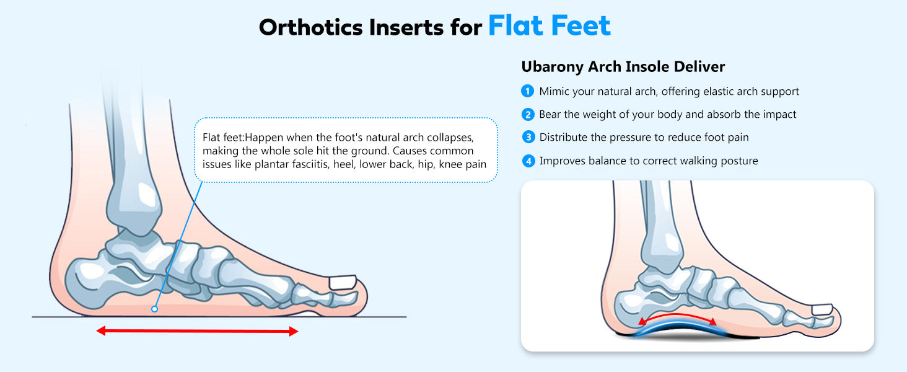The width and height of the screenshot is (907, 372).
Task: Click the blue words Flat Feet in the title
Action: (x=550, y=26)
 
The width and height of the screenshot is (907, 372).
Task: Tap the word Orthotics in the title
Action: (x=311, y=27)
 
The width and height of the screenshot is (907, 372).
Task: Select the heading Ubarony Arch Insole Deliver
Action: (x=623, y=67)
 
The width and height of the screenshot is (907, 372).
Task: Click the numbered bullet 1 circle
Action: (x=527, y=91)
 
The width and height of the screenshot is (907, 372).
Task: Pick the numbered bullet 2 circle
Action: (x=528, y=115)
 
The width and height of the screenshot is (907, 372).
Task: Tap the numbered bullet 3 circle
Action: (x=528, y=137)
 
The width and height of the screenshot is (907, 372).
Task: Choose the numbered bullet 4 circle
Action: (x=528, y=161)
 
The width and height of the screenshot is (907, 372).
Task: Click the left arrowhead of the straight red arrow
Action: (x=101, y=331)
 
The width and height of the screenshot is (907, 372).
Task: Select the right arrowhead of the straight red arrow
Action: (x=294, y=331)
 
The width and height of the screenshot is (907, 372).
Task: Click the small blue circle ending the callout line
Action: (x=154, y=309)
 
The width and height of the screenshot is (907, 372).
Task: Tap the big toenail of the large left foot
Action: (x=343, y=283)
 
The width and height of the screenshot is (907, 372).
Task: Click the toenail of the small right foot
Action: (x=822, y=309)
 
